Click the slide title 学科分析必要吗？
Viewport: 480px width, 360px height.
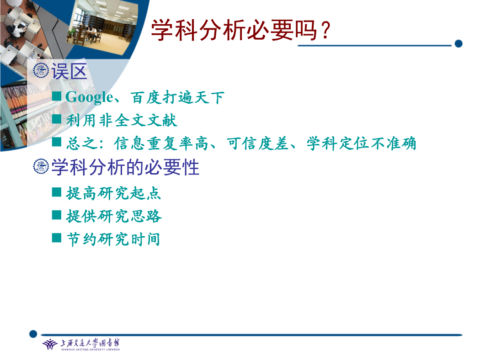tap(241, 30)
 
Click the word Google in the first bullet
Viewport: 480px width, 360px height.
tap(89, 97)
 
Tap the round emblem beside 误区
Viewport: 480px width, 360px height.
tap(41, 70)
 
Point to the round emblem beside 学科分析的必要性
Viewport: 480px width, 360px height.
tap(41, 166)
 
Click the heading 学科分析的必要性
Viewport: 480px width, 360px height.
tap(125, 167)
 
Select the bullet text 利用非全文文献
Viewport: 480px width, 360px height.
tap(122, 120)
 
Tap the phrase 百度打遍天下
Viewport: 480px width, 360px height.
tap(177, 98)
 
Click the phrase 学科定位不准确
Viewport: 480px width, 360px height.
tap(361, 143)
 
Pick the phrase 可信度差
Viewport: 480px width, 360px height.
tap(258, 143)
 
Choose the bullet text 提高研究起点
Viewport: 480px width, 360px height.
tap(113, 193)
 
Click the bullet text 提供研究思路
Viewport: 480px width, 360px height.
tap(114, 216)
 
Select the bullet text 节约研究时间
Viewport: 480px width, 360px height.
tap(113, 239)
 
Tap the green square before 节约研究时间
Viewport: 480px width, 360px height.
tap(57, 238)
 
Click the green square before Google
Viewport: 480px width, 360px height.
tap(57, 96)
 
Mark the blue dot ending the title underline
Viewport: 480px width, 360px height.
tap(458, 44)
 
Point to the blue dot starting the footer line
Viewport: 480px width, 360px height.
tap(33, 334)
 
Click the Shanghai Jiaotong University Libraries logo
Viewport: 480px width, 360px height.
tap(81, 344)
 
